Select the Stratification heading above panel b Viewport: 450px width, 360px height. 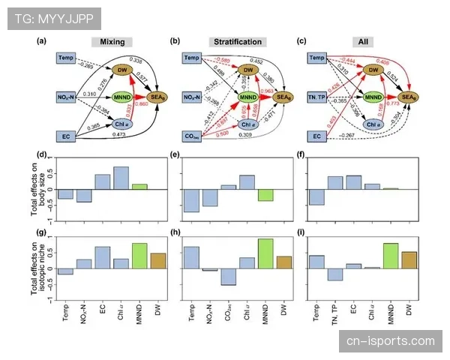233,42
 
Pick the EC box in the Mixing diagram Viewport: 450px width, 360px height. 65,136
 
